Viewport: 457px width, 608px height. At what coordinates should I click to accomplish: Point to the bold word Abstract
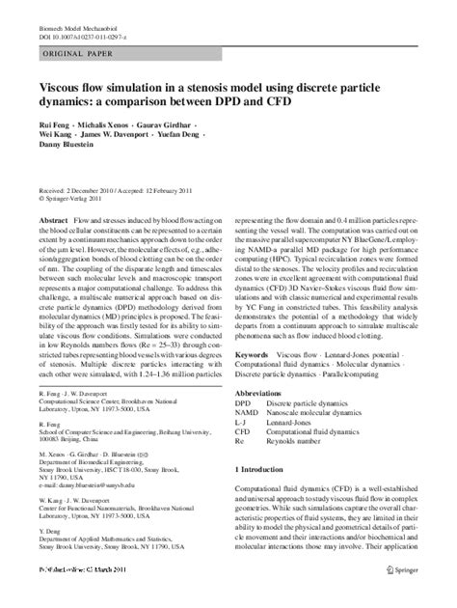click(x=52, y=222)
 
